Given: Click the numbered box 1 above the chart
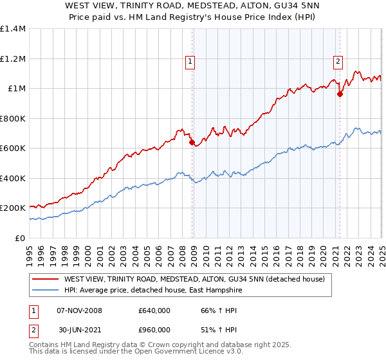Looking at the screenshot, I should [191, 62].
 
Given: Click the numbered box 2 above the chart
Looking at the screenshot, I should [338, 62].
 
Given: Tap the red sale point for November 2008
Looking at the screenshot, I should [192, 143].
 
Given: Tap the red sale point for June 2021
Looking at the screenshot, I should [340, 94].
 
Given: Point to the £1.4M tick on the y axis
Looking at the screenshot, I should [13, 29].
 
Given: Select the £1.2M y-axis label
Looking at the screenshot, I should [13, 59].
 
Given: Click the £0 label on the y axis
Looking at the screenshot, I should [19, 238].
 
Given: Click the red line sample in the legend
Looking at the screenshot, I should [46, 279].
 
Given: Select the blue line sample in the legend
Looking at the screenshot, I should [46, 290].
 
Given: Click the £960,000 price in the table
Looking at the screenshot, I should [154, 330].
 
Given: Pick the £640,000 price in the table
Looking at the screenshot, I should [154, 310].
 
